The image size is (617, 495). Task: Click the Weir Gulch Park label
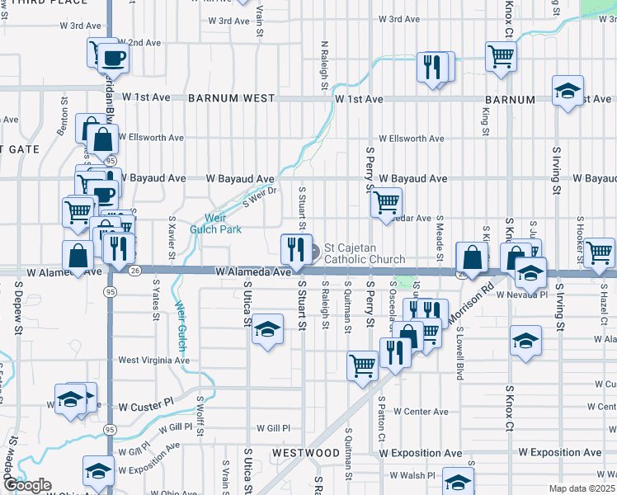click(x=216, y=224)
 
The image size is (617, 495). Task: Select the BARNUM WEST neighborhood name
click(x=231, y=98)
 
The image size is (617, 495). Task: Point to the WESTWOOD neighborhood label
click(x=306, y=454)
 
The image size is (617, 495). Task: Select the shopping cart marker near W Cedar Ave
click(x=386, y=202)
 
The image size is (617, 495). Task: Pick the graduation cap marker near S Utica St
click(x=267, y=330)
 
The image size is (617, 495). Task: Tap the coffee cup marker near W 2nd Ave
click(x=114, y=59)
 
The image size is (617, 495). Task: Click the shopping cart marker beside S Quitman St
click(x=363, y=366)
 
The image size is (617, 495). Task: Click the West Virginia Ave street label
click(x=153, y=361)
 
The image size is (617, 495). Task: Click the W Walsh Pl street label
click(x=412, y=475)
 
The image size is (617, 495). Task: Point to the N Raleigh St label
click(x=324, y=66)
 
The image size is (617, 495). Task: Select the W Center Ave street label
click(x=420, y=411)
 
